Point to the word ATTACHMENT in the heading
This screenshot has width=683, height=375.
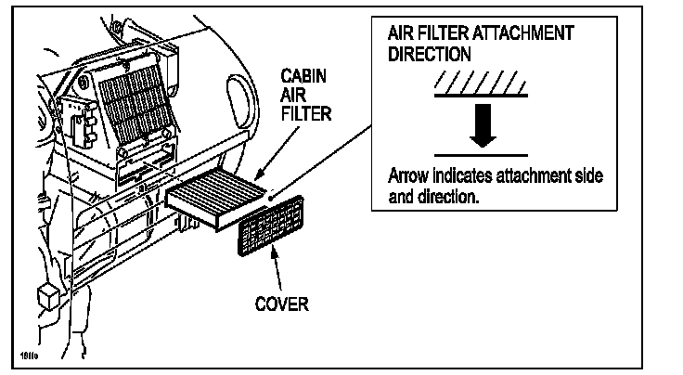pyautogui.click(x=526, y=33)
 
